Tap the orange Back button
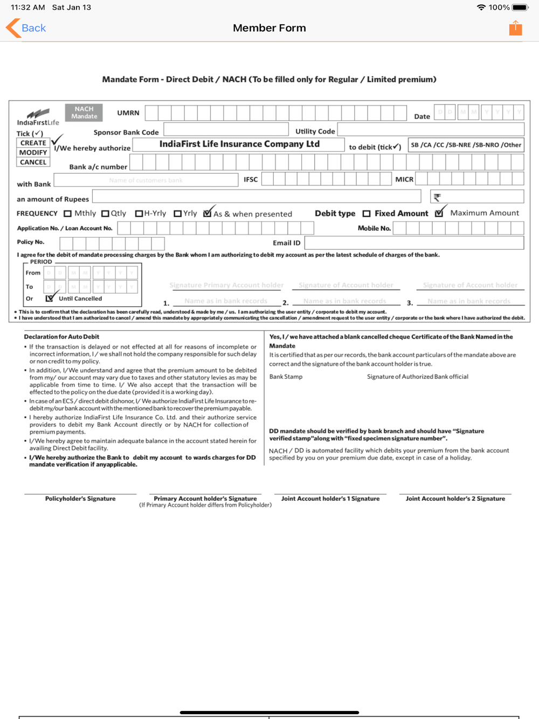tap(26, 28)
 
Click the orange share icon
tap(515, 28)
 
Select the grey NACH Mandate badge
tap(84, 113)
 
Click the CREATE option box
tap(33, 143)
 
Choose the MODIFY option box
tap(33, 153)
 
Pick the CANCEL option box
tap(33, 162)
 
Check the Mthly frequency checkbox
tap(67, 213)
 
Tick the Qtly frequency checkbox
tap(105, 213)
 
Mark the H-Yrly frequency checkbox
tap(139, 213)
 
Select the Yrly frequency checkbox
tap(177, 213)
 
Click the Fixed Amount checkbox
tap(367, 213)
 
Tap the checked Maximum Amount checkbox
tap(439, 213)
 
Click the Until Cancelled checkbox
tap(50, 298)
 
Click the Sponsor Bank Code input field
tap(226, 129)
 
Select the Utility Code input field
tap(430, 129)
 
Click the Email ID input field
tap(413, 243)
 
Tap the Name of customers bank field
tap(146, 180)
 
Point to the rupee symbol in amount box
tap(437, 197)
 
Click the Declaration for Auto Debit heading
tap(61, 337)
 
